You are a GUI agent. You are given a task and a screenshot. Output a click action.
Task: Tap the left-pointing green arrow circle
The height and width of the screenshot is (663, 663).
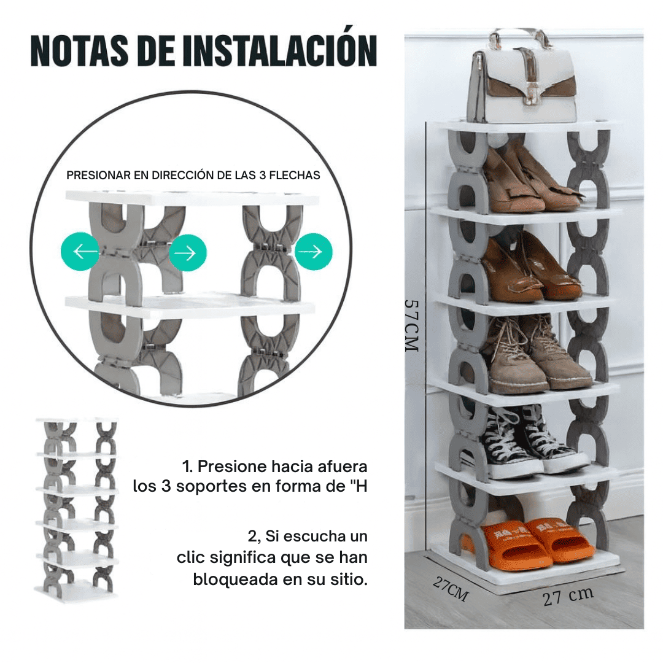80,252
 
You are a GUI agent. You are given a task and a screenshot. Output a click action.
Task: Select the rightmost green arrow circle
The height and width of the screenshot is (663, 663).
314,251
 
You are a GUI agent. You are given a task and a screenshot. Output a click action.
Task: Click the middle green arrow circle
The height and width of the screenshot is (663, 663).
188,252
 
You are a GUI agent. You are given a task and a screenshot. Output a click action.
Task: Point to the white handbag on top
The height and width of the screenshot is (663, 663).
522,80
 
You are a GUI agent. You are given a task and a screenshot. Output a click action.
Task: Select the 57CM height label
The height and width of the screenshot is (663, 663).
411,325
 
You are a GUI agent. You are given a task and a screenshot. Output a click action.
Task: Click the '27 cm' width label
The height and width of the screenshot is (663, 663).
568,596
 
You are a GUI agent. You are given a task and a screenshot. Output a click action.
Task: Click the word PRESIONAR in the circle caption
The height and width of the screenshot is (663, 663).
99,176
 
